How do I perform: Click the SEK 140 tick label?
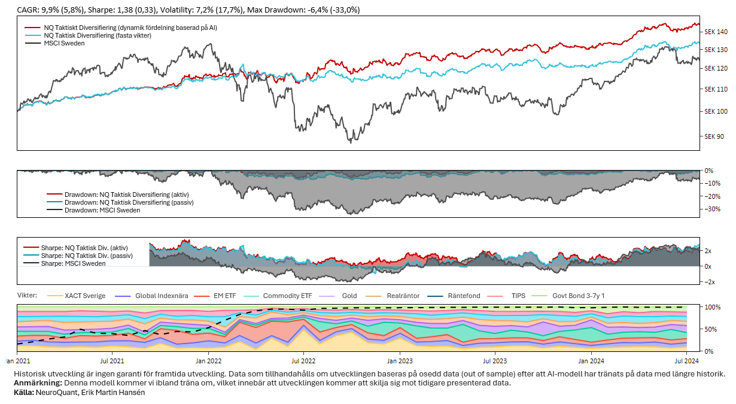tap(716, 31)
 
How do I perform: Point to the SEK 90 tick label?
tap(714, 136)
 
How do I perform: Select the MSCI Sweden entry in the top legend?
tap(64, 43)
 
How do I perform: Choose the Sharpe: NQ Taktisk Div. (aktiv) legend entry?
tap(84, 248)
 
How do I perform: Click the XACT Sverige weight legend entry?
tap(84, 296)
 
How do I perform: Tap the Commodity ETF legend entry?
tap(287, 296)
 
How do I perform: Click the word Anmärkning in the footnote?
tap(38, 383)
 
